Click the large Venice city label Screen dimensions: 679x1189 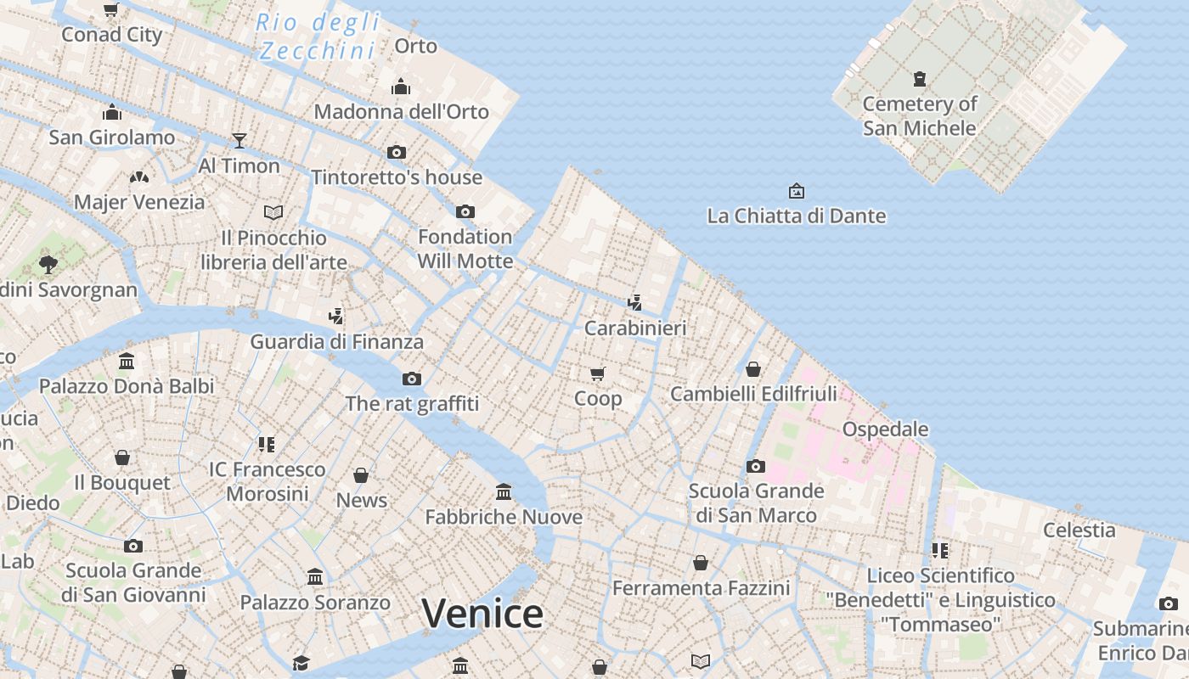click(482, 614)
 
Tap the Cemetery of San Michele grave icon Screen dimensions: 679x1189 click(919, 79)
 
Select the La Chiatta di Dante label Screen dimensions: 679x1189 click(796, 216)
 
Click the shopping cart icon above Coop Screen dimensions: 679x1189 click(598, 373)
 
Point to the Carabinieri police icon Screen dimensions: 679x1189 click(634, 302)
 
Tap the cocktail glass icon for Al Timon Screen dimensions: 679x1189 click(239, 141)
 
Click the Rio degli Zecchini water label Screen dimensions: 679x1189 click(317, 36)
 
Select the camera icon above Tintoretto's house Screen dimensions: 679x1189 click(397, 153)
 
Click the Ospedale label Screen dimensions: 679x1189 click(885, 429)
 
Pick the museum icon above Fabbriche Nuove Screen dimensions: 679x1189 click(504, 492)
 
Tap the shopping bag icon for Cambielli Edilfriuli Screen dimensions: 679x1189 click(752, 369)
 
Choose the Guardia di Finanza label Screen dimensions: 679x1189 click(336, 342)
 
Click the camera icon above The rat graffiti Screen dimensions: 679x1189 click(412, 379)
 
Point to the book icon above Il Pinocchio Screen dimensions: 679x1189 click(273, 212)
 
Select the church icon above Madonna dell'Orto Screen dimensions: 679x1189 click(401, 87)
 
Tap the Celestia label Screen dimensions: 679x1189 click(1079, 530)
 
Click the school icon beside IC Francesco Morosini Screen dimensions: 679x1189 click(267, 445)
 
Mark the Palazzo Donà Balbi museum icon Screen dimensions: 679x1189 click(127, 362)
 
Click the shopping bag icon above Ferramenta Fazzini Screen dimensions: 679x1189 click(701, 563)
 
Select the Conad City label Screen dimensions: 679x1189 click(112, 35)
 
